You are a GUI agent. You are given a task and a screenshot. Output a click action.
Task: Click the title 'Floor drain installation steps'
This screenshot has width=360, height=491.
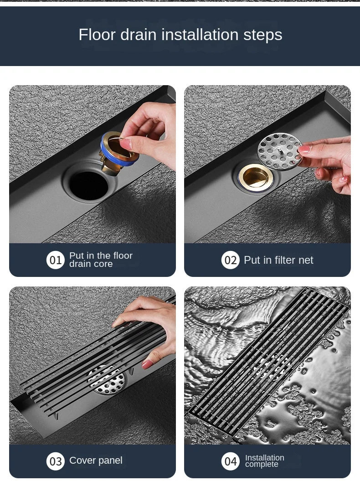coord(180,35)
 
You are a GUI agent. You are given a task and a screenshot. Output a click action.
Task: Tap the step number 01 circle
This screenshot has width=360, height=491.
coord(56,260)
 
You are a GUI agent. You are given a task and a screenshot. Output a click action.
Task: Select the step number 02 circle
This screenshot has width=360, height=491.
coord(230,260)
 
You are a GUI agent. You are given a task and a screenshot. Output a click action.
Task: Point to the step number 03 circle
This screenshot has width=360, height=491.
coord(56,461)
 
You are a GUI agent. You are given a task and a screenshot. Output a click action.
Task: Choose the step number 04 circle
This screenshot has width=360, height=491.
coord(230,461)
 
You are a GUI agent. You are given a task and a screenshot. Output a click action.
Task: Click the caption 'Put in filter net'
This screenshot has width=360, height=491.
coord(278,260)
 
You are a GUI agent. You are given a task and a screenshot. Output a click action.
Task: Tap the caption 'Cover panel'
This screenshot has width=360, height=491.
coord(96,460)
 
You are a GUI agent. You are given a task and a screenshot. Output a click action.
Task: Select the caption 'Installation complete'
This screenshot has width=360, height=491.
coord(264,461)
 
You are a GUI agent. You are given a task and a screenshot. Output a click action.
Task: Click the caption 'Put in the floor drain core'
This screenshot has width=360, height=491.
coord(101,260)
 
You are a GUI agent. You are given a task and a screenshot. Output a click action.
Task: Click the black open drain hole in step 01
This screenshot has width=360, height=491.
coord(89,185)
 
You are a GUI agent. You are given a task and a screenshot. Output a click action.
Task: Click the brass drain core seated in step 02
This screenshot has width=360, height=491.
coord(256,177)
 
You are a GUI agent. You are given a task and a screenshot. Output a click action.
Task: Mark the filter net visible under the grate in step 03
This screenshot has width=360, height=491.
coord(107,380)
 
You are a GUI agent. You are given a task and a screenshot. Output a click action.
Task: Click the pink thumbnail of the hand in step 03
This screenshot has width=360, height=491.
coord(148,364)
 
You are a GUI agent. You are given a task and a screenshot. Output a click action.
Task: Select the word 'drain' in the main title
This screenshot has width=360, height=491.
coord(138,35)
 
